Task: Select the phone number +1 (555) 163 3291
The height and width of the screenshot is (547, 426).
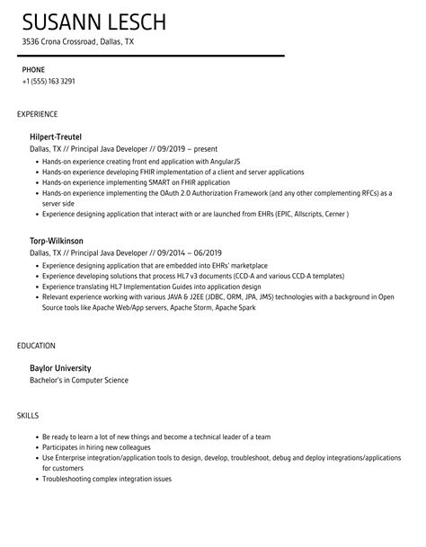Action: point(49,81)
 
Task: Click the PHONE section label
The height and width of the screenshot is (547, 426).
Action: point(32,68)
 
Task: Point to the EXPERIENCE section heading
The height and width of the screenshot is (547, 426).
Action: point(38,114)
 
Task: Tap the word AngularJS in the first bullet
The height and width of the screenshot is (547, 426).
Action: point(211,160)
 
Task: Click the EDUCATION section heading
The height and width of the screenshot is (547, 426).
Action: point(37,345)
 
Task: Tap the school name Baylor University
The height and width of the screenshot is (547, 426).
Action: point(61,367)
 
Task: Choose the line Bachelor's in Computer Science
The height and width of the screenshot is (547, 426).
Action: point(79,380)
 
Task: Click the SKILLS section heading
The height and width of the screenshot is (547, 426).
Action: point(28,416)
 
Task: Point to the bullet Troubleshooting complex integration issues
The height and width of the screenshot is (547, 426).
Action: point(112,480)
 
